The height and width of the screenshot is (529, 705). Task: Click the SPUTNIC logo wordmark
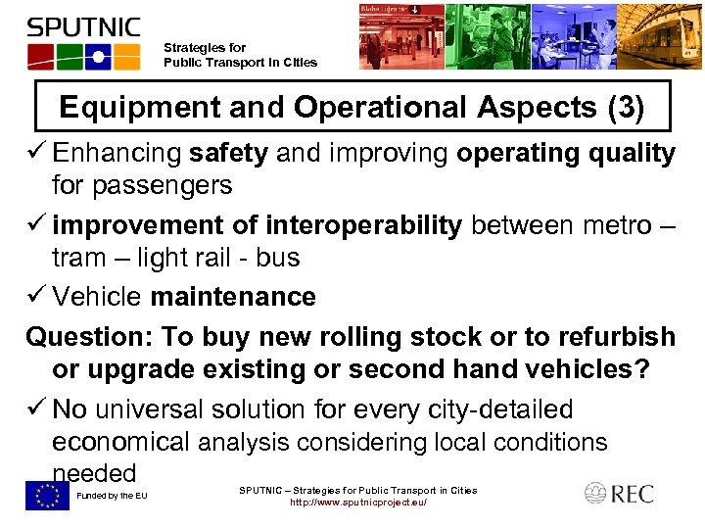coord(84,26)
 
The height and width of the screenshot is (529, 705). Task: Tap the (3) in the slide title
coord(625,107)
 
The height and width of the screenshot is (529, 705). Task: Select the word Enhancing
coord(117,154)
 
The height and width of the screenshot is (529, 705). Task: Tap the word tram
coord(78,259)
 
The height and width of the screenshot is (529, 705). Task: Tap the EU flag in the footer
coord(47,496)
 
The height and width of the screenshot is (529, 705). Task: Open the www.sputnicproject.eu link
coord(358,504)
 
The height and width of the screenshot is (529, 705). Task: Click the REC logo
coord(619,494)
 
